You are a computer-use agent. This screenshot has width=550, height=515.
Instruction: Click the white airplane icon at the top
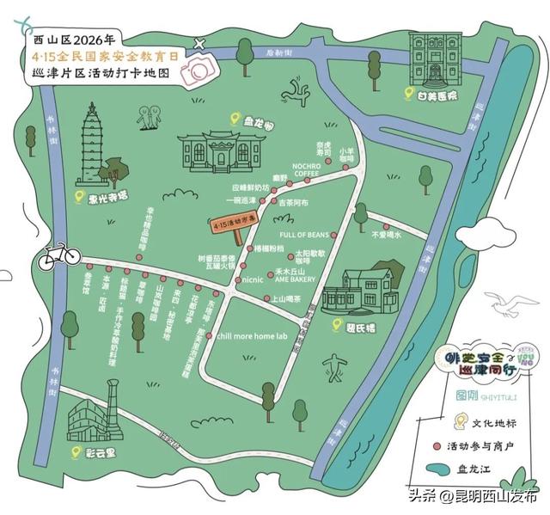[x=201, y=42]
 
